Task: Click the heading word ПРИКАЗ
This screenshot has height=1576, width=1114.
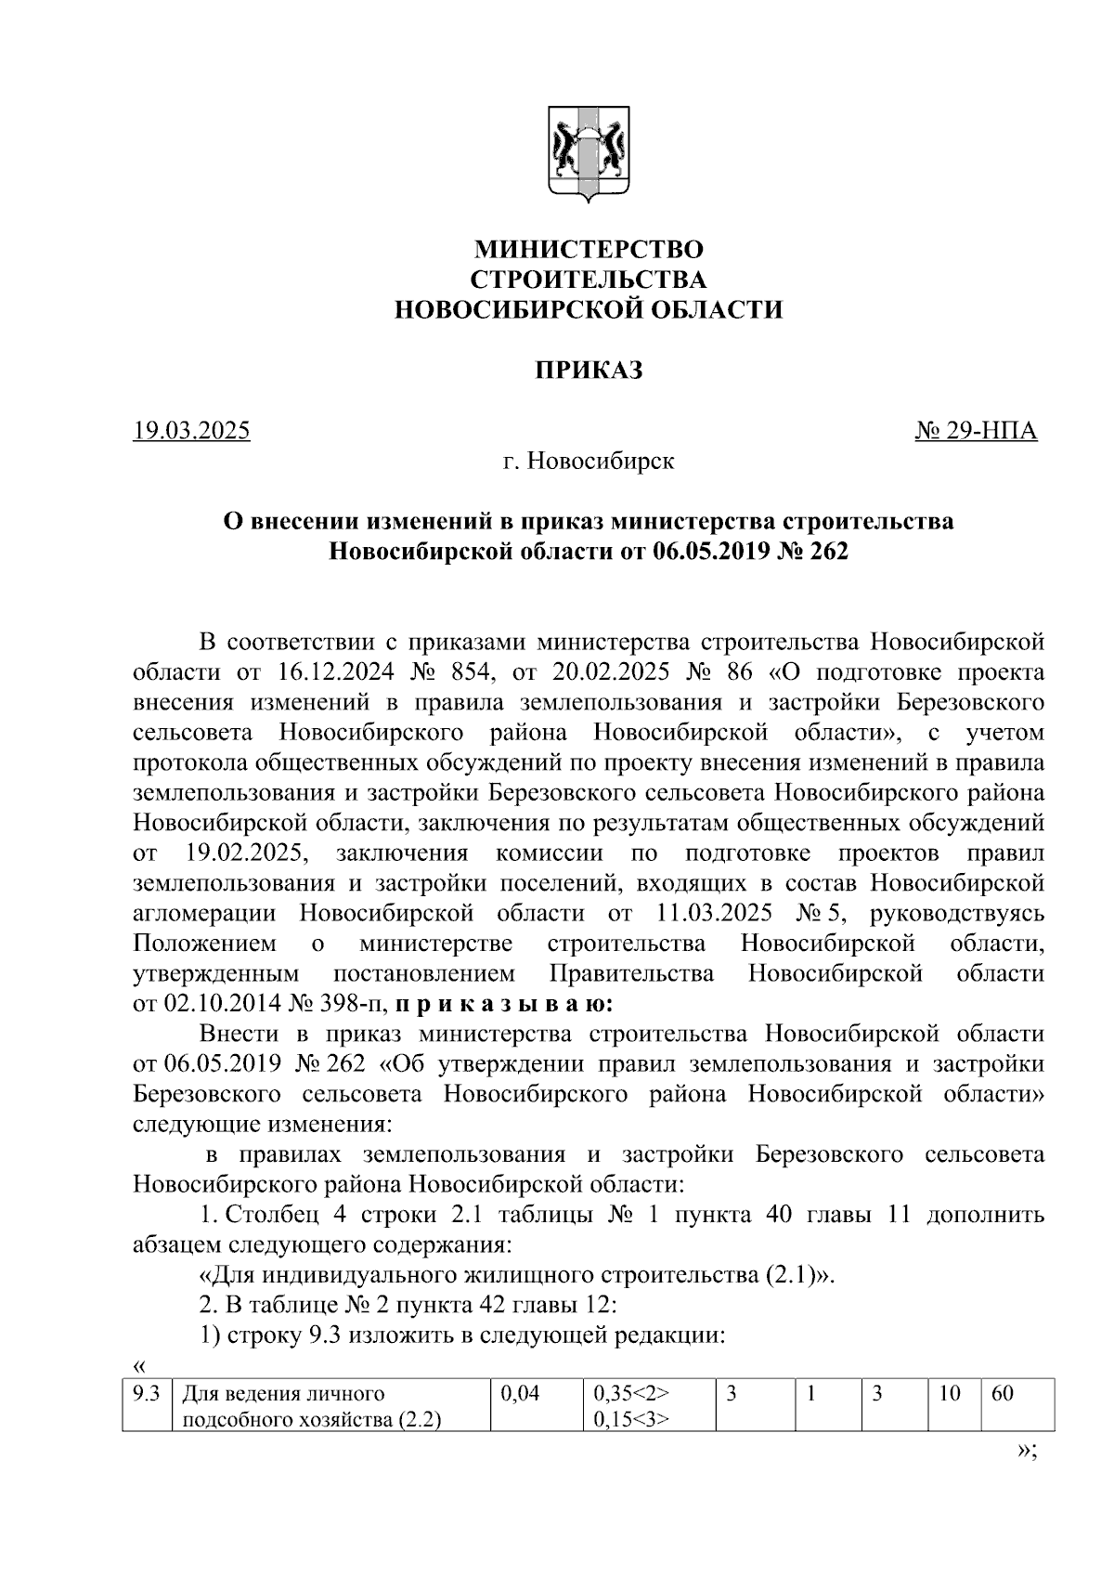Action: click(x=589, y=371)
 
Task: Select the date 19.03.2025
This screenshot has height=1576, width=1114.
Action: click(x=192, y=431)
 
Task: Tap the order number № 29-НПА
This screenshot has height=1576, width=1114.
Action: click(x=977, y=431)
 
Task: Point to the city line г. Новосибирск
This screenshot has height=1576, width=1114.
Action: click(x=589, y=461)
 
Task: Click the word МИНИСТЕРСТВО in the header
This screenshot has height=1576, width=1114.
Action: click(x=589, y=250)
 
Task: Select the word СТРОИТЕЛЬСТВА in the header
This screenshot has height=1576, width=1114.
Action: click(x=589, y=280)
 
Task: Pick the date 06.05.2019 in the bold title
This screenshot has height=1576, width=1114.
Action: click(x=706, y=552)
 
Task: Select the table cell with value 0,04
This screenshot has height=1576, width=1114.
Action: click(x=520, y=1394)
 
